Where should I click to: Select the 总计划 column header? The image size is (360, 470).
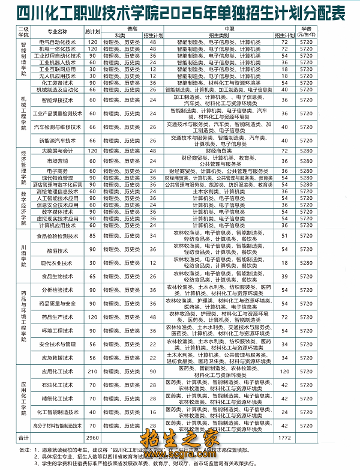(92, 31)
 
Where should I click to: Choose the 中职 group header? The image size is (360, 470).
(229, 28)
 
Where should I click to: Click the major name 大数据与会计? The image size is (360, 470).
(58, 150)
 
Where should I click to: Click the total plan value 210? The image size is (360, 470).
(92, 372)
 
